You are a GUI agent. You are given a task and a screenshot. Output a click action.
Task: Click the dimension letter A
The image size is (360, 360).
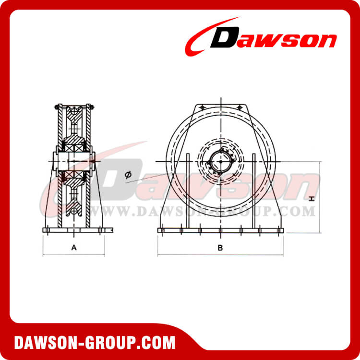coord(73,247)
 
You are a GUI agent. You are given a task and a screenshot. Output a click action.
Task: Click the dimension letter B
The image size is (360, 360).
coord(220,248)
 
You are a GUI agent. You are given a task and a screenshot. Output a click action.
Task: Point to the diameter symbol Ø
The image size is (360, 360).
coord(128,175)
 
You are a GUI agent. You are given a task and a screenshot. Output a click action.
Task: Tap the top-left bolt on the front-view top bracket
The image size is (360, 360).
coord(202,107)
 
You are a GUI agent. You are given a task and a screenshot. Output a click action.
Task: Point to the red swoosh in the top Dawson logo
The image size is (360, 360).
coord(202,36)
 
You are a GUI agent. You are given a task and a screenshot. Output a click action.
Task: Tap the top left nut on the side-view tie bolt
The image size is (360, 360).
coord(58,107)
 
